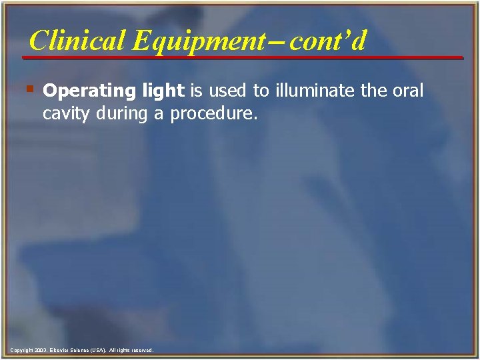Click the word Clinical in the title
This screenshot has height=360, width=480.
[x=77, y=41]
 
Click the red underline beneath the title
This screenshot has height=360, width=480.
[x=243, y=58]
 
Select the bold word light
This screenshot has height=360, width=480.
[x=165, y=91]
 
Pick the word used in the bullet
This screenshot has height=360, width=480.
[x=227, y=91]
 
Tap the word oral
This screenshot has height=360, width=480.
[x=407, y=91]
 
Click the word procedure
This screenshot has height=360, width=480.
[x=213, y=114]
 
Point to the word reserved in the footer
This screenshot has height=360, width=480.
[x=141, y=350]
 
